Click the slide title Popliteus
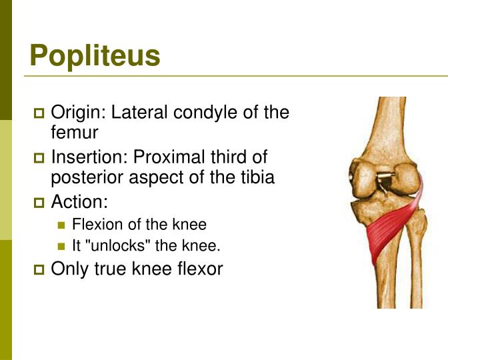95,57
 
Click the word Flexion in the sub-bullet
93,225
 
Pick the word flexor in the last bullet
199,269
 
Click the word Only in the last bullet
67,269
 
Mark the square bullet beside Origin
38,113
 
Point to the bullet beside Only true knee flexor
38,271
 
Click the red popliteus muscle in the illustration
391,230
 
